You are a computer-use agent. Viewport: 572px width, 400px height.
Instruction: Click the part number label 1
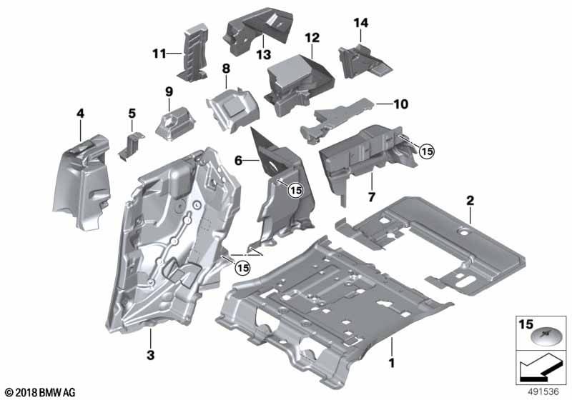(392, 363)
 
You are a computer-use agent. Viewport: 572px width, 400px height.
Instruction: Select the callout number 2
(470, 200)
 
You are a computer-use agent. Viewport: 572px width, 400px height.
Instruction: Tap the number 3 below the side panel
(150, 355)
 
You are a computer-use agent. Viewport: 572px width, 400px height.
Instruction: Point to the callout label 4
(80, 114)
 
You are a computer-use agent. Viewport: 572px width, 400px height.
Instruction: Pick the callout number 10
(401, 104)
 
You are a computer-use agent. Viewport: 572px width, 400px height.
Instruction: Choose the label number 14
(361, 23)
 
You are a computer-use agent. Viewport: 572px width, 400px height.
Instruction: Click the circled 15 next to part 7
(427, 151)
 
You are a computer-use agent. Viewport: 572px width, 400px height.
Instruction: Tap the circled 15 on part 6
(295, 190)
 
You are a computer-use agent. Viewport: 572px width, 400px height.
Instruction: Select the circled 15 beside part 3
(242, 268)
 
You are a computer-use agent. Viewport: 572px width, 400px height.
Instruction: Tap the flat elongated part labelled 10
(337, 120)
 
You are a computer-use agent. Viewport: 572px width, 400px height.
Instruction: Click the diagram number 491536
(543, 391)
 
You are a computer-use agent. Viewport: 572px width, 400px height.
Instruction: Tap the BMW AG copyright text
(41, 392)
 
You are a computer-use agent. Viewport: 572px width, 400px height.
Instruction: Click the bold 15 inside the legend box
(526, 324)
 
